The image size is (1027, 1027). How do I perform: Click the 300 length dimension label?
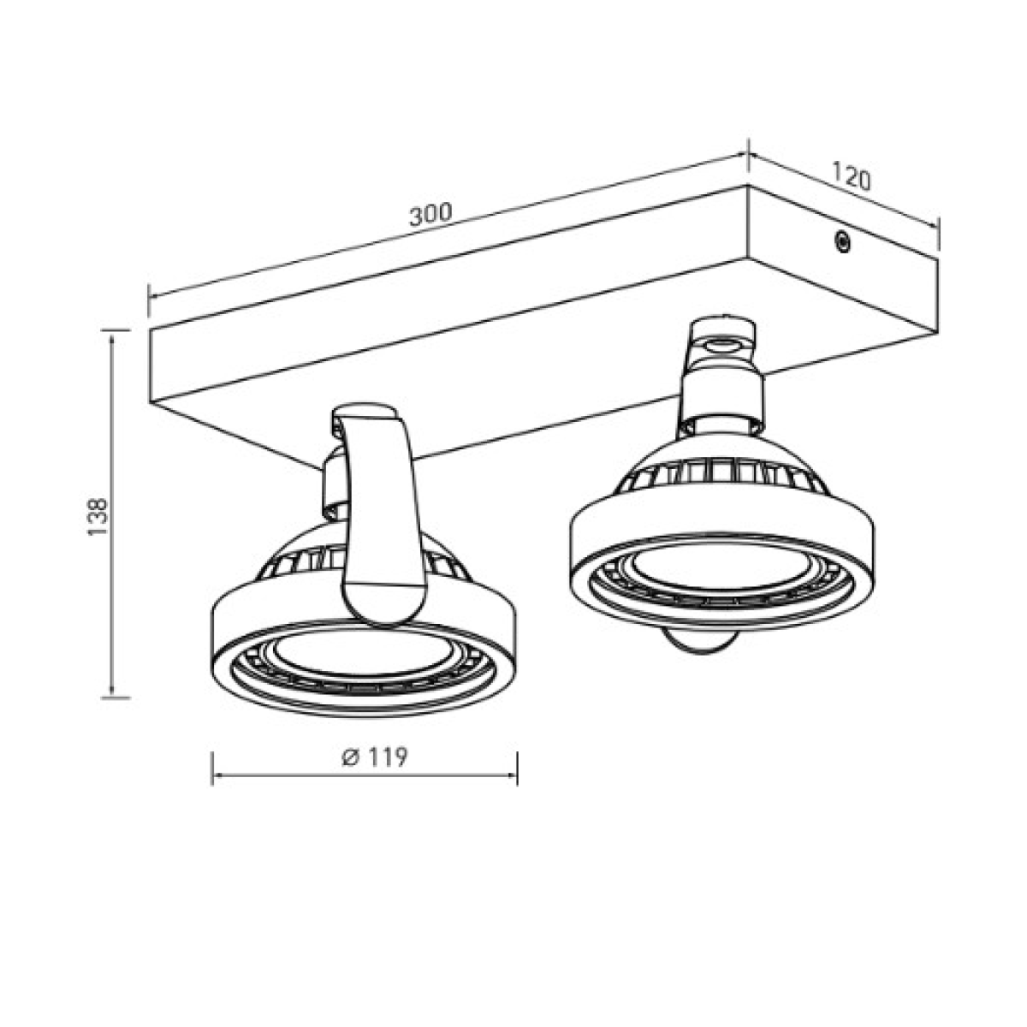point(430,214)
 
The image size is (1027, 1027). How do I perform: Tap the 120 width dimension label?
point(851,176)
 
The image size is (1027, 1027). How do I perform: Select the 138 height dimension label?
point(97,517)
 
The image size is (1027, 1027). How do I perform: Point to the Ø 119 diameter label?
point(375,757)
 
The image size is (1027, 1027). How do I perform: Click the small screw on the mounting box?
point(842,242)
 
